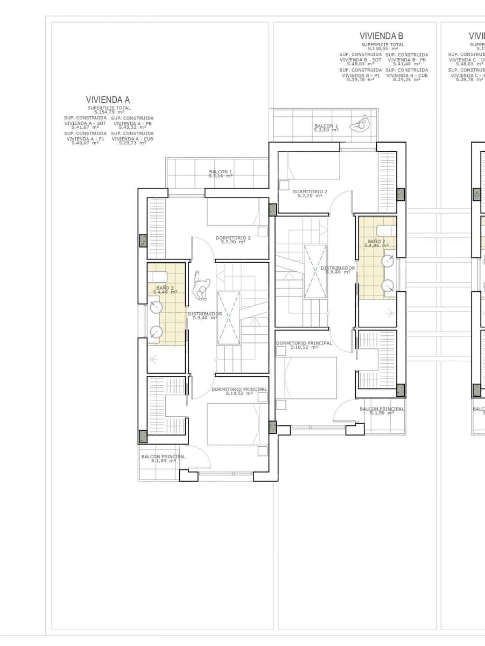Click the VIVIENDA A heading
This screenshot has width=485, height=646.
pos(108,100)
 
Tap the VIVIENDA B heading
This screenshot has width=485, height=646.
pos(381,36)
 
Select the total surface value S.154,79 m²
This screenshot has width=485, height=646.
pos(109,112)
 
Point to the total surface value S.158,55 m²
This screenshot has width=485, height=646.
pos(383,48)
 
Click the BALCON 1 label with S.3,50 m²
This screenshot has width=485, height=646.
pos(326,128)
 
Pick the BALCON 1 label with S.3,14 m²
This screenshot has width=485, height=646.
pos(220,174)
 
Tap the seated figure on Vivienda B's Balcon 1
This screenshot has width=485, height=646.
pos(360,124)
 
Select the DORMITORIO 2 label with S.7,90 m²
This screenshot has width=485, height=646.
pos(233,240)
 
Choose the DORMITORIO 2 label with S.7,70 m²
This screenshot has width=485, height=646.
pos(310,193)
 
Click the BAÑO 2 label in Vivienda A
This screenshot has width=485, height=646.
pos(165,290)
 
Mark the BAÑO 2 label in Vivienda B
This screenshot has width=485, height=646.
pos(376,243)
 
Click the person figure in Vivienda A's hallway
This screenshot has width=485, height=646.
pos(201,289)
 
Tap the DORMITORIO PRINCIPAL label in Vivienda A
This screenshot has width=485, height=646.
pos(238,391)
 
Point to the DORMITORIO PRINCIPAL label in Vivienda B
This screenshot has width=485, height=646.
pos(304,345)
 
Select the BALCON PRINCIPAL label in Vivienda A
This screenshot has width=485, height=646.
pos(163,458)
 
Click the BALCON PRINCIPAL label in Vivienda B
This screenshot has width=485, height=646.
pos(382,410)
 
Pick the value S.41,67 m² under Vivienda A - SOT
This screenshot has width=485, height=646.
pos(85,128)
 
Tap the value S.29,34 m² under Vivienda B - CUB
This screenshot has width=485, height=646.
pos(406,80)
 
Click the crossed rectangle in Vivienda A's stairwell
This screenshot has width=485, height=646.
pos(228,318)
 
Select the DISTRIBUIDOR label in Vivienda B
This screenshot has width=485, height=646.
pos(338,270)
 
